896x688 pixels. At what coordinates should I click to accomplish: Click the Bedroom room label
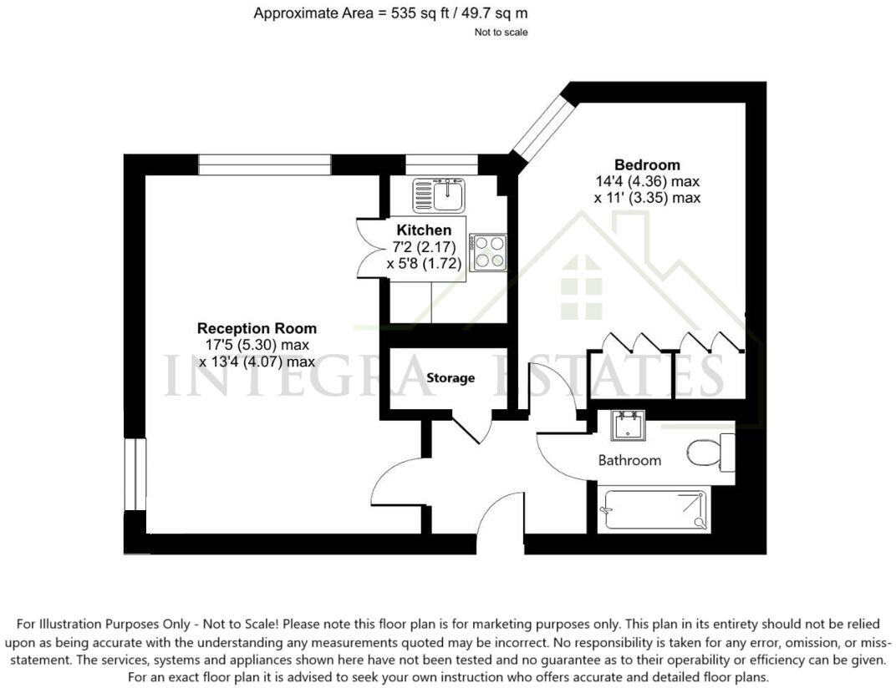point(647,165)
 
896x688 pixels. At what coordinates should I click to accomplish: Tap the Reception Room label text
point(257,328)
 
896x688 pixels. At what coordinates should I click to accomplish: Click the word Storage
point(451,378)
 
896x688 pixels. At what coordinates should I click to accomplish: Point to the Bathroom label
point(629,460)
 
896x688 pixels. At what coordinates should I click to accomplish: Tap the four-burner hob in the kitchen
point(487,251)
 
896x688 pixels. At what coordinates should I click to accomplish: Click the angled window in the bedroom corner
point(543,129)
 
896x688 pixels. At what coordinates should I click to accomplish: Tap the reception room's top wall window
point(264,164)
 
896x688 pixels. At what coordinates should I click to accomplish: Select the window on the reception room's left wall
point(134,473)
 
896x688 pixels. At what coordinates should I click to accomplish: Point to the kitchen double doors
point(368,248)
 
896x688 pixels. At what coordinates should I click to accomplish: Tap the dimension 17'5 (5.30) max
point(257,345)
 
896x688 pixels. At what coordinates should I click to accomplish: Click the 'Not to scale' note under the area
point(501,33)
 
